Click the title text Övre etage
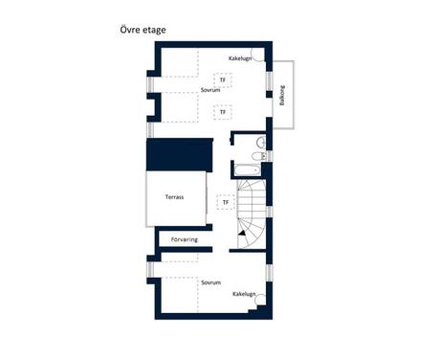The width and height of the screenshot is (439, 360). pos(143,30)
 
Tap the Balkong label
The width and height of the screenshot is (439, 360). pos(282,96)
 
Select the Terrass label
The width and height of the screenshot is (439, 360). pos(174,197)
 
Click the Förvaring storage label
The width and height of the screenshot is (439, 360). pos(185,239)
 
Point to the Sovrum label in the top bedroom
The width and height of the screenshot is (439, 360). pos(210,90)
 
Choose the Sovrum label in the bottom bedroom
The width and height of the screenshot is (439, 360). pos(211,282)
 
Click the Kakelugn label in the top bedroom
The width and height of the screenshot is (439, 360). pos(240,58)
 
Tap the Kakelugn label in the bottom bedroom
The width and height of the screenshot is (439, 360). pos(244,294)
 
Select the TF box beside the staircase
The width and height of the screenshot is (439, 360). pos(226,202)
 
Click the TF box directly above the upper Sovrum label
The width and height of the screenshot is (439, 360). pos(223,79)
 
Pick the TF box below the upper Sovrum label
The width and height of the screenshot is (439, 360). pos(223,112)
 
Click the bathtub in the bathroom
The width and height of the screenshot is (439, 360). pos(248,170)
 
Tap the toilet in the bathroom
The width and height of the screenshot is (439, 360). pos(258,156)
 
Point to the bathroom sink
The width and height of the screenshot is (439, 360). pos(261,142)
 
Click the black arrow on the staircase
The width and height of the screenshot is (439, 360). pos(242,234)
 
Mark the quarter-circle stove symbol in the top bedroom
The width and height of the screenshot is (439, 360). pos(258,55)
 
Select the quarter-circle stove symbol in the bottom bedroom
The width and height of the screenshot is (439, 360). pos(260,301)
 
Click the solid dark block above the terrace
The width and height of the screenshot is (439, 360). pos(180,154)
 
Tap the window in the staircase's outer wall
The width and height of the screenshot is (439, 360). pos(270,212)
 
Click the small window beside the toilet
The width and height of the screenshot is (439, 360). pos(270,156)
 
